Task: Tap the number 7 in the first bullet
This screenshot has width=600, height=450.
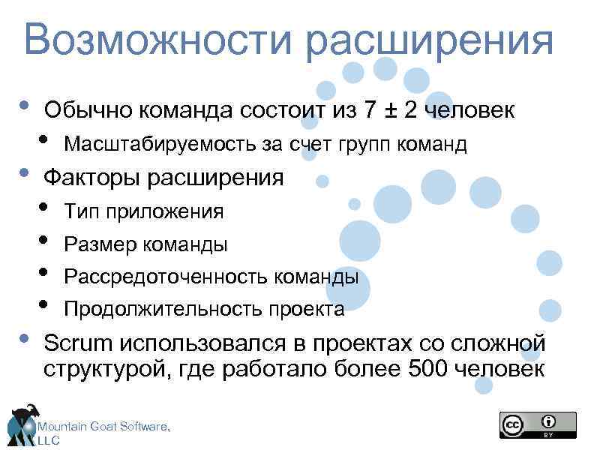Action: [x=369, y=110]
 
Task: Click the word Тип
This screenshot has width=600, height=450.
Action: [x=82, y=211]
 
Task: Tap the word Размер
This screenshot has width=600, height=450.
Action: [x=97, y=244]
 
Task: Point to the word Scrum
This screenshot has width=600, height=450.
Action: [x=78, y=343]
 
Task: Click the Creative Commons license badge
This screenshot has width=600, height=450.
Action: [x=538, y=424]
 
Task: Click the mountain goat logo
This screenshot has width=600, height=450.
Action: [x=22, y=424]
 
